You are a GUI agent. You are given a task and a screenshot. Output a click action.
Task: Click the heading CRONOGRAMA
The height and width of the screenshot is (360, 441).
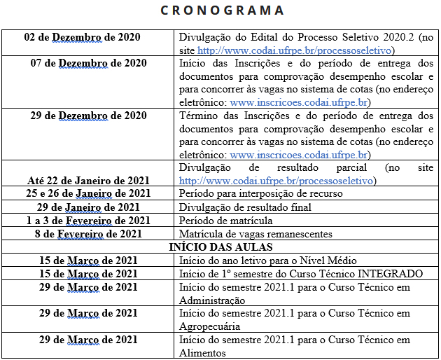(x=220, y=11)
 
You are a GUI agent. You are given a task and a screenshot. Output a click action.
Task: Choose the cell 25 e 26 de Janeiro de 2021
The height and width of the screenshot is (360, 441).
(x=88, y=193)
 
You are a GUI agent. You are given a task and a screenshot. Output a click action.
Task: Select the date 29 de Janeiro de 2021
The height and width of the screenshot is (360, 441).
(x=88, y=207)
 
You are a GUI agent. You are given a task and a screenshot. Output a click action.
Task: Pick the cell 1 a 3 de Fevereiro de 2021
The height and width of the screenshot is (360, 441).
(x=88, y=220)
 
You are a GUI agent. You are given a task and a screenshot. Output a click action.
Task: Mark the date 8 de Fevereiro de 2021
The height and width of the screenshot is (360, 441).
(x=88, y=233)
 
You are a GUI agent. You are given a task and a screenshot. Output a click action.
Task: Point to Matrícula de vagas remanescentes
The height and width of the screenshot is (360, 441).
(x=255, y=233)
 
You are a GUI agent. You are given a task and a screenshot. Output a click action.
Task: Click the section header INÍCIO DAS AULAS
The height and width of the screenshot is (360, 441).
(x=220, y=247)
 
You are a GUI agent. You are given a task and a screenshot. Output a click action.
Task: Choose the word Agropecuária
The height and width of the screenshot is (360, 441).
(x=210, y=326)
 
